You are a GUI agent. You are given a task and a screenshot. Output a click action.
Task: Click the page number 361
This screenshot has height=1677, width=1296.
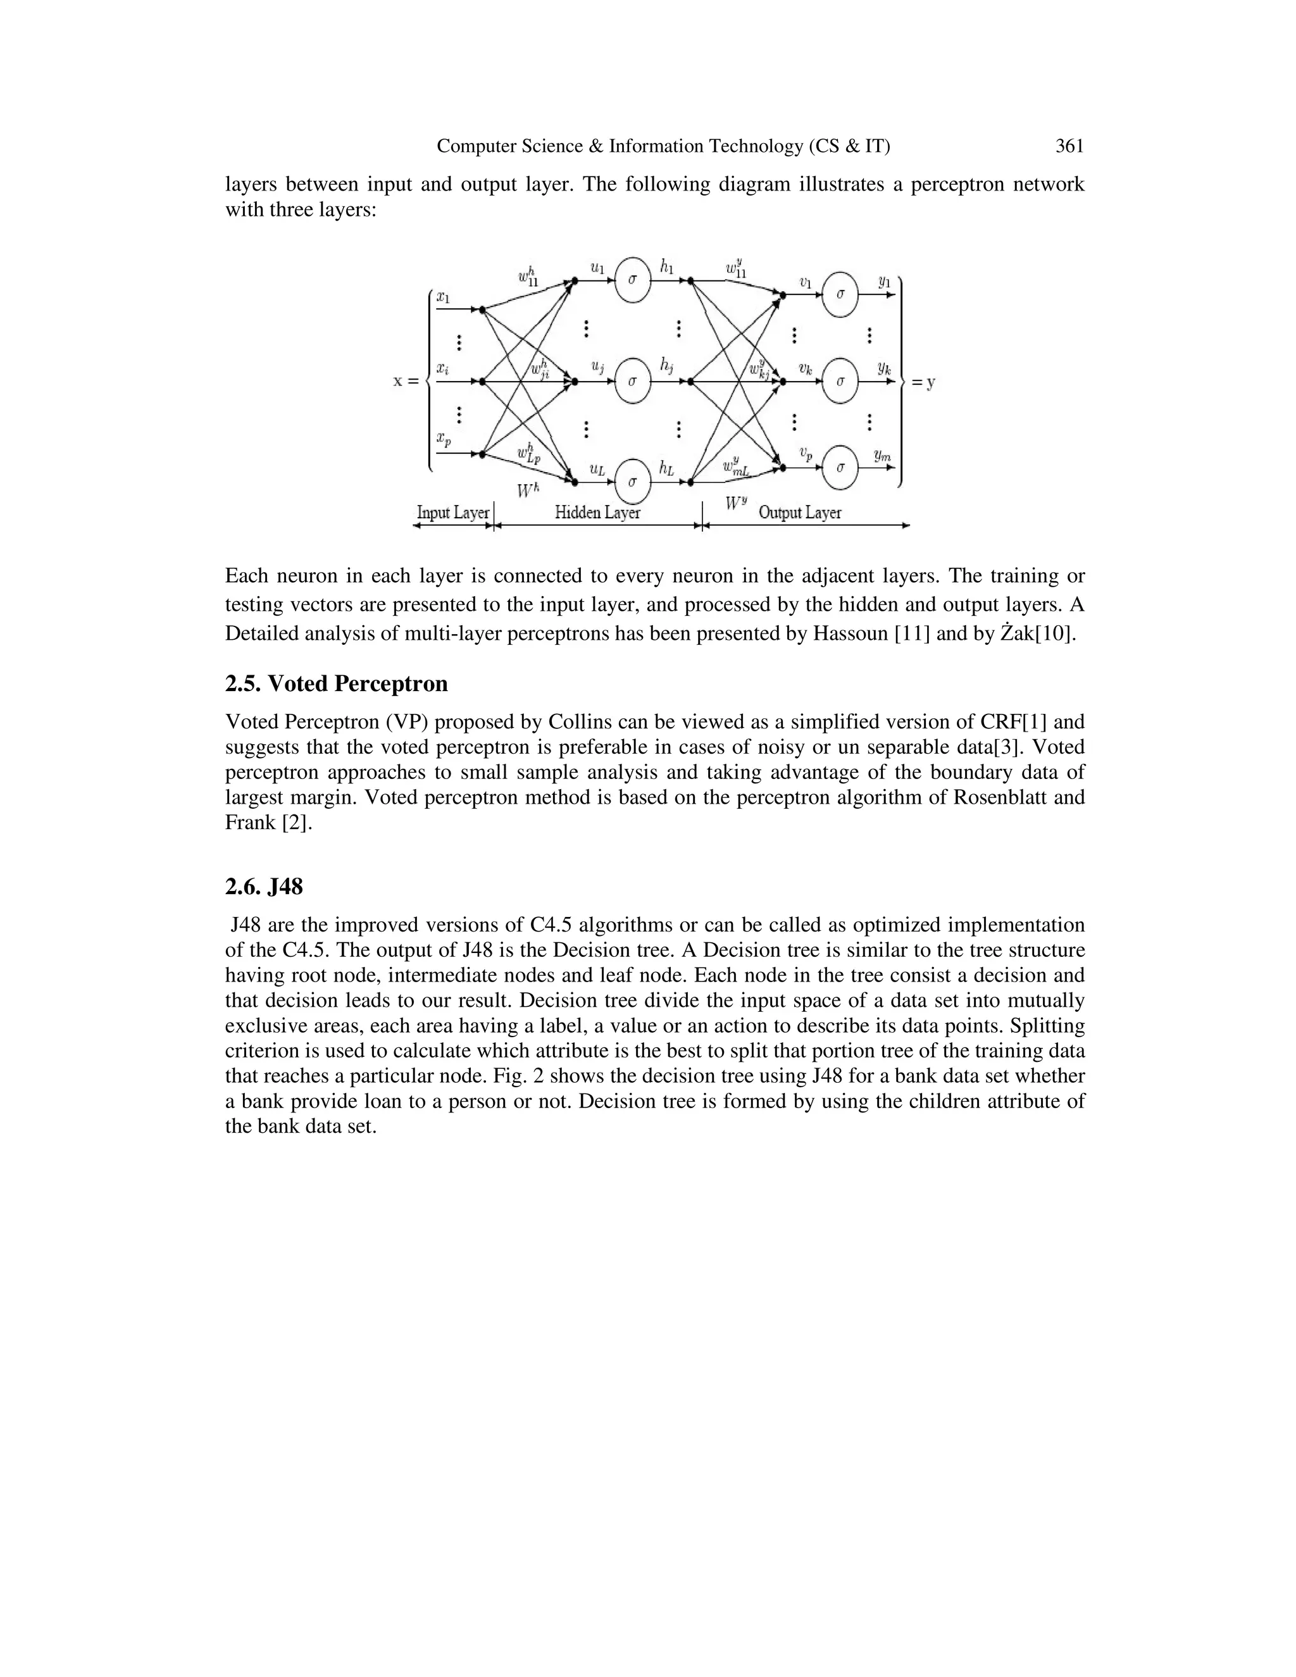[1069, 146]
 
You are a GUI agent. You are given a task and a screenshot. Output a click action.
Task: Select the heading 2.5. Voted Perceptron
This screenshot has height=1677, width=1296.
[336, 683]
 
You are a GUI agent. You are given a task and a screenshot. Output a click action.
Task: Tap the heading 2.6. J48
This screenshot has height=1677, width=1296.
[264, 887]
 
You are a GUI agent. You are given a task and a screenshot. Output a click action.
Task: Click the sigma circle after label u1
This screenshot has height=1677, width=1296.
[633, 280]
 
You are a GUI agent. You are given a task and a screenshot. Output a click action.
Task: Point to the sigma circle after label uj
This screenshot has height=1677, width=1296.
[633, 381]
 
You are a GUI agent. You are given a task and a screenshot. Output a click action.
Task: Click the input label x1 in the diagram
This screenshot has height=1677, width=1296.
[443, 296]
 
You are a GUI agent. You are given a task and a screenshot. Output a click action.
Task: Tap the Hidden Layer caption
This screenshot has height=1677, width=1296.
[597, 512]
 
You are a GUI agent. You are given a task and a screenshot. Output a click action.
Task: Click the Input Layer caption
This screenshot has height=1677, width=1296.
[452, 512]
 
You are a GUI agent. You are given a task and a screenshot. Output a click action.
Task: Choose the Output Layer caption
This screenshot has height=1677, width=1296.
[799, 512]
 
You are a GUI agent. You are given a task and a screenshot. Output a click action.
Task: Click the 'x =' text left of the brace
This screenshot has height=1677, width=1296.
[406, 381]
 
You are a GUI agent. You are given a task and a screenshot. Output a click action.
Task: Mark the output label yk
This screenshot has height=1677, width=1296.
[885, 368]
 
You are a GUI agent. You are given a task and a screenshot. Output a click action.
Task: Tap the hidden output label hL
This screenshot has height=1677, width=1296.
[666, 468]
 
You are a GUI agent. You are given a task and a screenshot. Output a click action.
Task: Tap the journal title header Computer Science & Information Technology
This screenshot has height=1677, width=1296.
[663, 146]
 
